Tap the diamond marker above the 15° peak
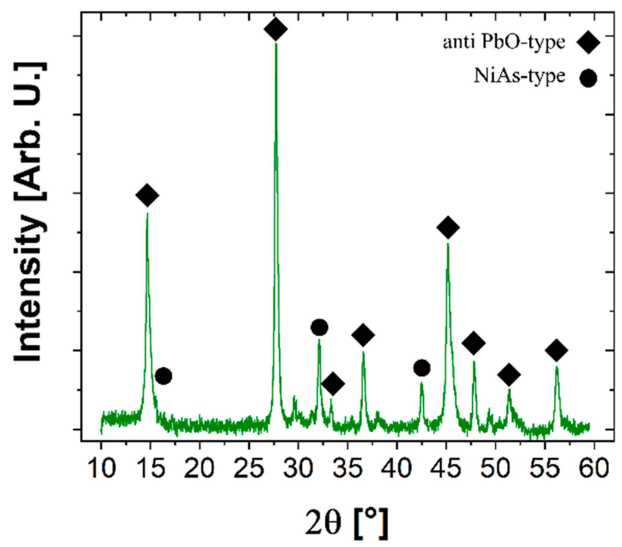click(x=147, y=195)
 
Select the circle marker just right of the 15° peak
click(x=163, y=376)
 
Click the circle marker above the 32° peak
click(x=319, y=327)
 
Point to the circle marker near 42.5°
click(x=422, y=368)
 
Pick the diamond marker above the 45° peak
click(x=448, y=227)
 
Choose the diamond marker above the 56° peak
click(x=556, y=350)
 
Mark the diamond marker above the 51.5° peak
click(x=509, y=375)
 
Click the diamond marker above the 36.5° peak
click(x=363, y=335)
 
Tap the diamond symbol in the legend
click(x=588, y=42)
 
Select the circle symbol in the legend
click(x=588, y=78)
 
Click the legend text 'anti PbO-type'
click(x=503, y=42)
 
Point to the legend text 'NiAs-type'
click(x=520, y=76)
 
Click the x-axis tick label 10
click(x=102, y=468)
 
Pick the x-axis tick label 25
click(x=249, y=468)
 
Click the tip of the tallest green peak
click(x=276, y=44)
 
